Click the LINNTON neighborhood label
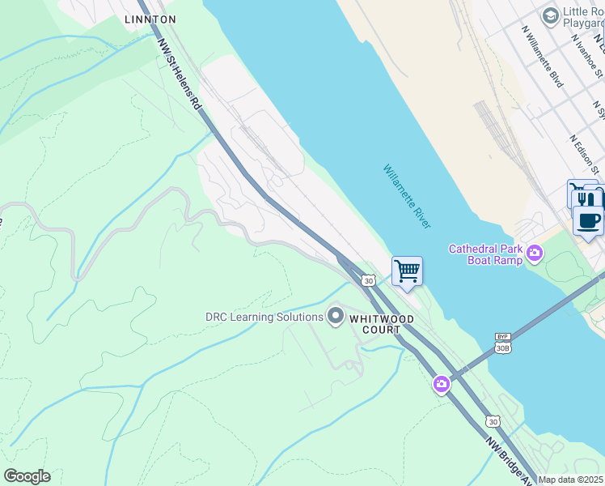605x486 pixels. pos(150,19)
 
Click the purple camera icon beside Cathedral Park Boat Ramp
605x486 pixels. pos(535,255)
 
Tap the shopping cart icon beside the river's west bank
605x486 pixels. pos(407,271)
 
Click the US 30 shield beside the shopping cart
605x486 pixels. pos(369,280)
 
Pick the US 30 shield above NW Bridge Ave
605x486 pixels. pos(493,421)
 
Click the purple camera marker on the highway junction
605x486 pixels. pos(441,383)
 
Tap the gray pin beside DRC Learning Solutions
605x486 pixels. pos(336,317)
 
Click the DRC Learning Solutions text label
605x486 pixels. pos(264,317)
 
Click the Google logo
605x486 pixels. pos(27,475)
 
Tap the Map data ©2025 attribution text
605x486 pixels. pos(570,480)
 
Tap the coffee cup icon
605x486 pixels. pos(589,220)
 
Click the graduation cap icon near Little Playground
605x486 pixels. pos(551,15)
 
